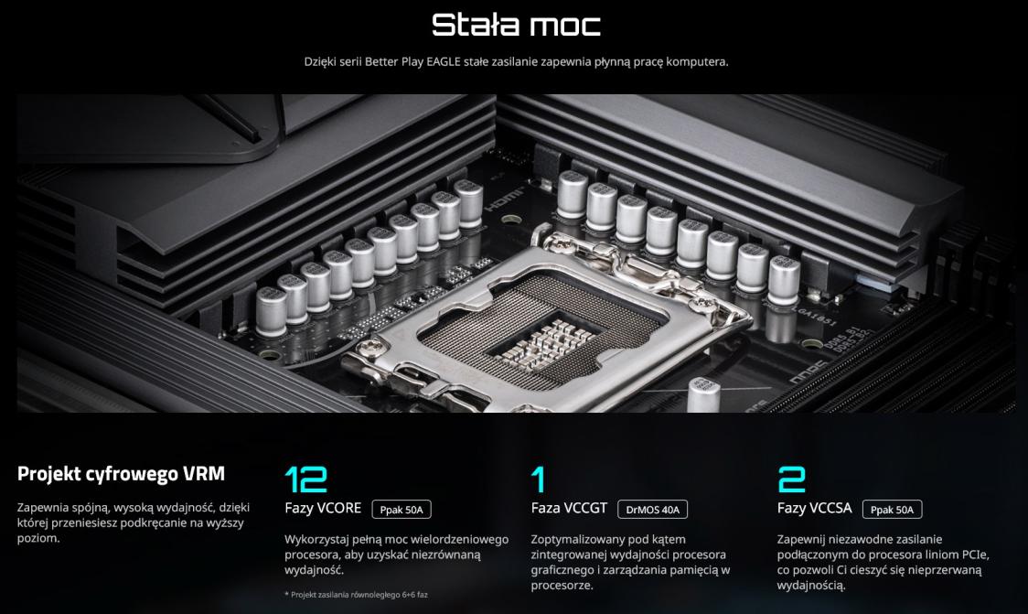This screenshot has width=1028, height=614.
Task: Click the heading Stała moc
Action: coord(516,25)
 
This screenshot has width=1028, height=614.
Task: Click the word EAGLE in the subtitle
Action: coord(444,61)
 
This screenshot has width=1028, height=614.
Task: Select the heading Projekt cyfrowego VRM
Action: coord(122,474)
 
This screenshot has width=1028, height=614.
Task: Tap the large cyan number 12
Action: coord(305,479)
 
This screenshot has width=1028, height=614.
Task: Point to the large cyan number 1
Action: coord(539,479)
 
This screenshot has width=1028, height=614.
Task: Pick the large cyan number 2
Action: coord(791,479)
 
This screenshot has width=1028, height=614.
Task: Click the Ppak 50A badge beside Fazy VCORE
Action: coord(402,510)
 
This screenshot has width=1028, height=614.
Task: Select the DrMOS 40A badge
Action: coord(652,510)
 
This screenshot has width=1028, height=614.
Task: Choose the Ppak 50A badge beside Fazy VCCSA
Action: coord(892,510)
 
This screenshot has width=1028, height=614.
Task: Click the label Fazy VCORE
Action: coord(323,509)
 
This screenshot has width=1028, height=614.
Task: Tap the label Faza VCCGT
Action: coord(569,509)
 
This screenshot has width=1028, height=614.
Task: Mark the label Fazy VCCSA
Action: coord(814,509)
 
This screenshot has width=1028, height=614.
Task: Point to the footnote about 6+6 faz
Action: coord(356,595)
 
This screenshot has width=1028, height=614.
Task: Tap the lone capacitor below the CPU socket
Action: coord(704,395)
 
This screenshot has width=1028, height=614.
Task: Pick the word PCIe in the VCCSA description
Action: coord(974,555)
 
